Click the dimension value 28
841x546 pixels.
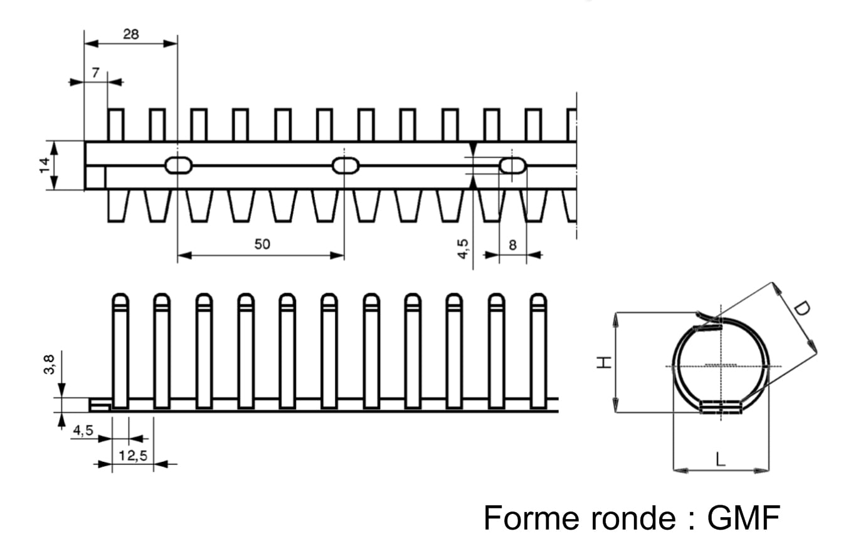(x=130, y=35)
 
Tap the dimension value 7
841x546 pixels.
(x=95, y=73)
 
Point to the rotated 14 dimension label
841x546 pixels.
(x=45, y=165)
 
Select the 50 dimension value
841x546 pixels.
(x=262, y=244)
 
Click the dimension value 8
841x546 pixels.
(x=512, y=245)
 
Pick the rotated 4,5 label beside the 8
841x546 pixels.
(x=463, y=249)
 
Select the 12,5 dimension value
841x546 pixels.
(x=132, y=456)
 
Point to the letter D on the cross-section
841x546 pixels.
(x=801, y=309)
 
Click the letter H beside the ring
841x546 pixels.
(x=603, y=362)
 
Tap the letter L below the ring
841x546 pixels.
(x=721, y=459)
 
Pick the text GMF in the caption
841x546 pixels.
(x=744, y=518)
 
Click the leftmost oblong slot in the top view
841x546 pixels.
(x=179, y=166)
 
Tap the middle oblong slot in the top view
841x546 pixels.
(x=346, y=166)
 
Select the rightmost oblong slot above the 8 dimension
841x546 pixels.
(x=513, y=166)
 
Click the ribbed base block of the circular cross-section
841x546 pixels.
(x=721, y=408)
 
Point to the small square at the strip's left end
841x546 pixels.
(x=95, y=178)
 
